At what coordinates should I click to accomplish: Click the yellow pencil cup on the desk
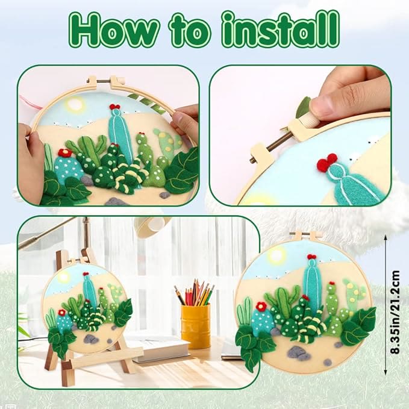coord(195,325)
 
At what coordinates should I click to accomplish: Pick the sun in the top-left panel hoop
coord(75,105)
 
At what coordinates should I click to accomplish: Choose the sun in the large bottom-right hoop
coord(276,255)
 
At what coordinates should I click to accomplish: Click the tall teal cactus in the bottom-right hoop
coord(311,283)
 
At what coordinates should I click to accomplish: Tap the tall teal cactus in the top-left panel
coord(119,130)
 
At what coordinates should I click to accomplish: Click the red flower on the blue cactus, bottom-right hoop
coord(261,307)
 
